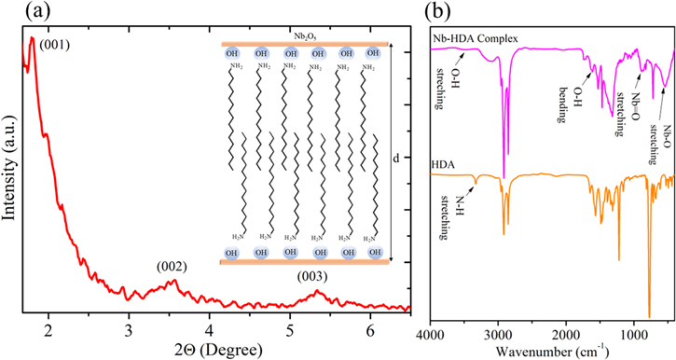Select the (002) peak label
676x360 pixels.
pos(173,266)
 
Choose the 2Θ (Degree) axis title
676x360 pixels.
pos(215,350)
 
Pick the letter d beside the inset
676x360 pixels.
pos(396,158)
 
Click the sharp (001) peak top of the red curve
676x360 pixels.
pos(32,38)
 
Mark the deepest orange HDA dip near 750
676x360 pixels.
pos(649,316)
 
